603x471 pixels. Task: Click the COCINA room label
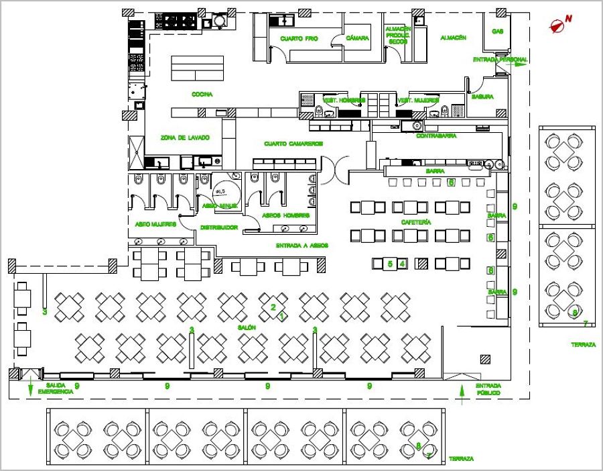(202, 95)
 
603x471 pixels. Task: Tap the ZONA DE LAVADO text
(185, 138)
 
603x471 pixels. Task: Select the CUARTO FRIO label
(299, 39)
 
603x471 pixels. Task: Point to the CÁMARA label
(358, 38)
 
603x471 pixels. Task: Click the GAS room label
(497, 32)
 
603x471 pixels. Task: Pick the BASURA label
(482, 97)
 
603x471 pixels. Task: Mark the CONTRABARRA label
(436, 136)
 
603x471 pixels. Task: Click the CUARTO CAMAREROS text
(293, 144)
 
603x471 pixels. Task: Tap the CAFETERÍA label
(415, 221)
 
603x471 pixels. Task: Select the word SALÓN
(247, 327)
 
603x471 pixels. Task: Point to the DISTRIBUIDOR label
(218, 227)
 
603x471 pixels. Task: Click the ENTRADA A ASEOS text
(301, 246)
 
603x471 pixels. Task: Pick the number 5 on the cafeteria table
(390, 264)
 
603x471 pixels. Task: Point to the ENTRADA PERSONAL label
(499, 60)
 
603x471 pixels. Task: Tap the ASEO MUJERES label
(155, 224)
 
